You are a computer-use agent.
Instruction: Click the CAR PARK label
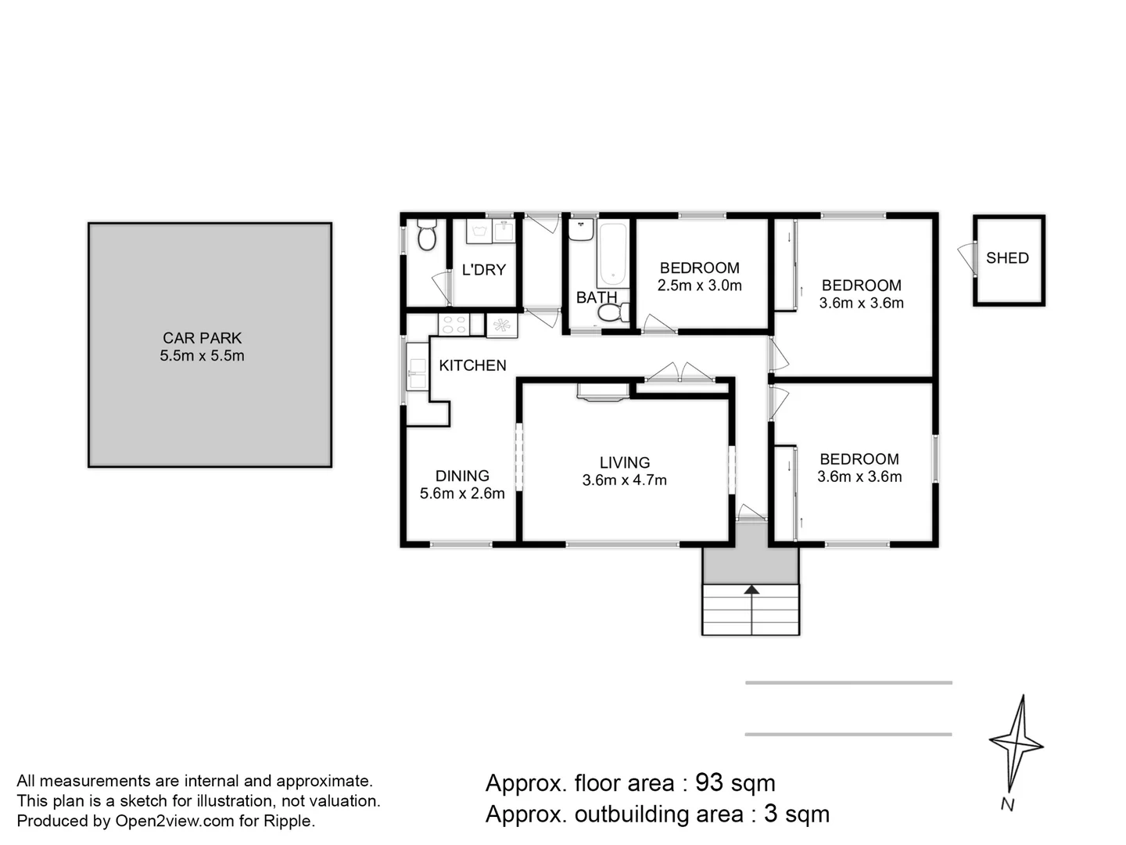(x=202, y=338)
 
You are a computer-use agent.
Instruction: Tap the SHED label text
(x=1007, y=258)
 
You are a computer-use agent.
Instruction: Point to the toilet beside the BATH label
(x=613, y=313)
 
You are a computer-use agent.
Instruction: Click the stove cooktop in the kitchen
(x=454, y=325)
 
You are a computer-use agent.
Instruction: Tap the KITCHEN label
(x=472, y=365)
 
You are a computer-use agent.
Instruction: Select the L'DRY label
(x=483, y=270)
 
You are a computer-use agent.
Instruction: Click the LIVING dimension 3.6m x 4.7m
(x=624, y=480)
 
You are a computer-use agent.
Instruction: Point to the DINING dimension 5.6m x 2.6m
(x=462, y=494)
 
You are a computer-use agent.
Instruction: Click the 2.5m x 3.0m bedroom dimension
(x=699, y=286)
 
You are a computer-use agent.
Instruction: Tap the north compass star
(x=1016, y=743)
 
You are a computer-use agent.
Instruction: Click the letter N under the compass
(x=1007, y=804)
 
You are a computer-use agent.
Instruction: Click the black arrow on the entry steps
(x=751, y=590)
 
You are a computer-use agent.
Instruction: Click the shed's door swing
(x=968, y=257)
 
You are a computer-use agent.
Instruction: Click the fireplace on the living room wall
(x=603, y=391)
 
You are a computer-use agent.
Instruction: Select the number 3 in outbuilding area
(x=770, y=814)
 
